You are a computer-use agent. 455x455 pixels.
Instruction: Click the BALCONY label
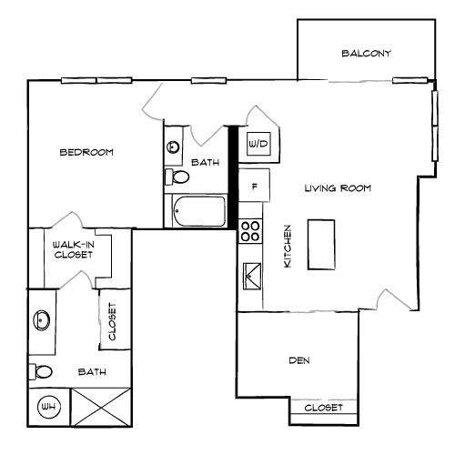(x=366, y=54)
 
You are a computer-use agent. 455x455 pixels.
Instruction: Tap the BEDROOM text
(x=86, y=153)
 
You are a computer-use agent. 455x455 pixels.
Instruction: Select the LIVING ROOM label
(x=338, y=188)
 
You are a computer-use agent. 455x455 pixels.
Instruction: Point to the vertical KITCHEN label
(x=287, y=246)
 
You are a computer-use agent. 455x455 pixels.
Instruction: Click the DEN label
(x=299, y=361)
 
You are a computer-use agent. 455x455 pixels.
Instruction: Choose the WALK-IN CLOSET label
(x=72, y=250)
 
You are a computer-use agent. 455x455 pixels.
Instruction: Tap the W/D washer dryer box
(x=258, y=144)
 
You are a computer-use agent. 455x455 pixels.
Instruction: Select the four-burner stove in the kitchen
(x=249, y=231)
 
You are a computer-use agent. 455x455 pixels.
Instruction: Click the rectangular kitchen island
(x=321, y=244)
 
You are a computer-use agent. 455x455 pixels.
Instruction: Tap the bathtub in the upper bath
(x=197, y=212)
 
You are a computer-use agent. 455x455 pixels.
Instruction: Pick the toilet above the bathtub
(x=177, y=177)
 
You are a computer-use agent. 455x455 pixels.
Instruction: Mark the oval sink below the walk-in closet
(x=42, y=320)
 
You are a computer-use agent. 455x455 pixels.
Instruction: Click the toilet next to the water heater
(x=41, y=371)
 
